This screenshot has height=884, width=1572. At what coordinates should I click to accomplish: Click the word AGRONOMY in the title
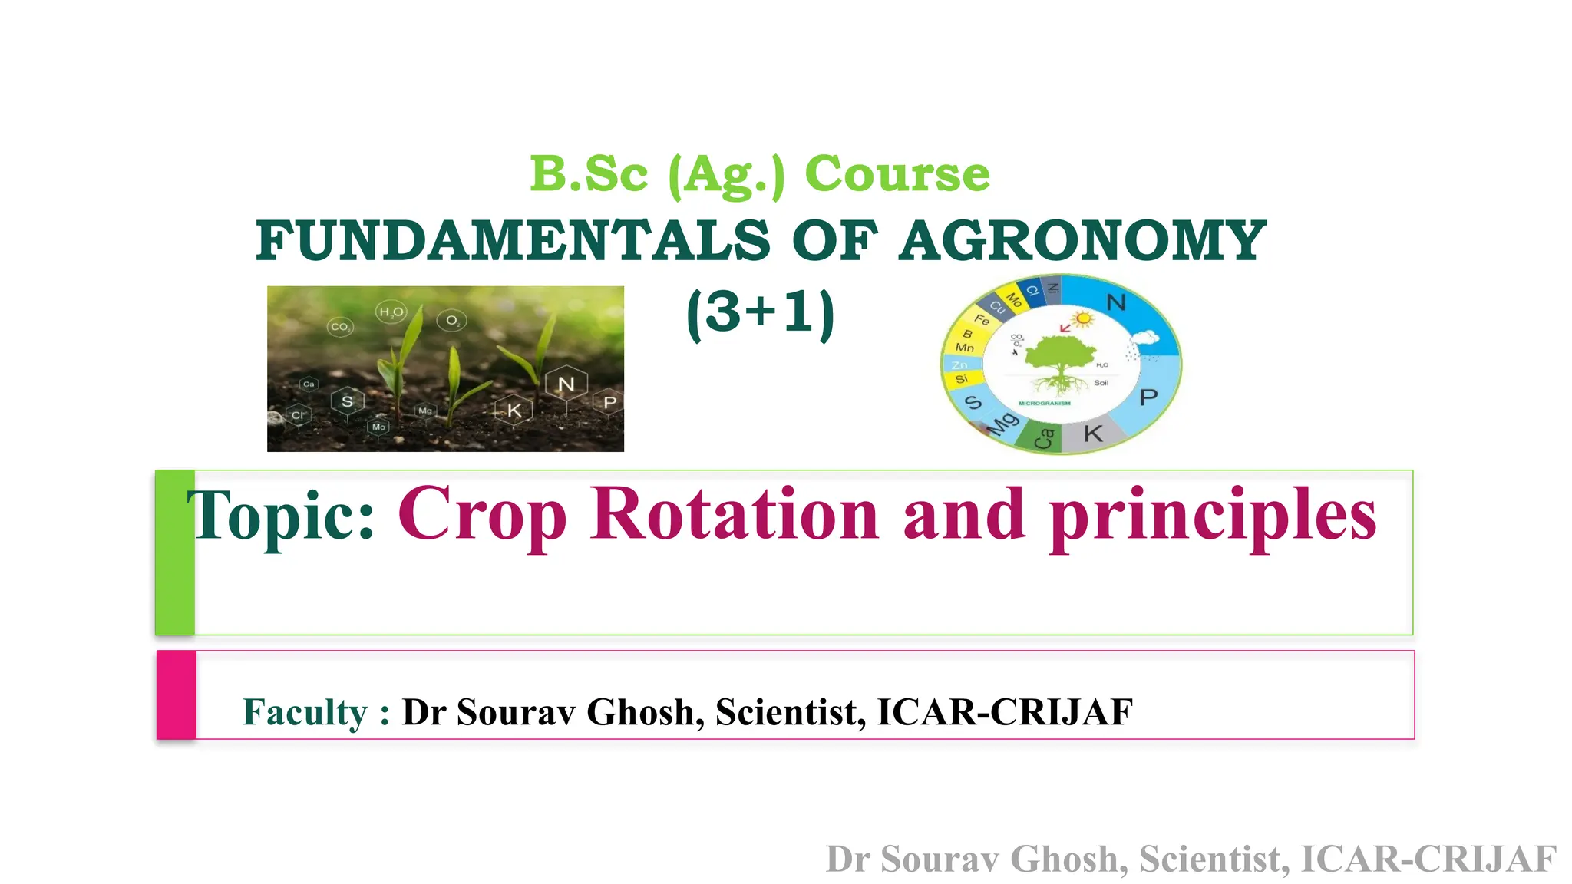(x=1082, y=241)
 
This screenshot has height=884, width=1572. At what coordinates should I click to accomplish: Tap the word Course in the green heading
(x=897, y=174)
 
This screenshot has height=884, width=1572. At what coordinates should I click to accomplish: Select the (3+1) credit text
(x=760, y=313)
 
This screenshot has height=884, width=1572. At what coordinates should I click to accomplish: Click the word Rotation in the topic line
(x=735, y=514)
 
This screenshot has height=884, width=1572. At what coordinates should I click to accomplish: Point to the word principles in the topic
(x=1213, y=516)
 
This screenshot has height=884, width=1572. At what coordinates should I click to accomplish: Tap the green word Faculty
(x=305, y=712)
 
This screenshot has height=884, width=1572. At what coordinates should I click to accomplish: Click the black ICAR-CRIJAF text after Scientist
(x=1005, y=712)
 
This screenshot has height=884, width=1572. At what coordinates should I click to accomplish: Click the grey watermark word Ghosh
(x=1069, y=859)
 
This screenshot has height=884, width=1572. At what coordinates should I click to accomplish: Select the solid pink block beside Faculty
(x=177, y=695)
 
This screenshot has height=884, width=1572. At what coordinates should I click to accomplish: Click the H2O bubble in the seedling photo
(x=391, y=312)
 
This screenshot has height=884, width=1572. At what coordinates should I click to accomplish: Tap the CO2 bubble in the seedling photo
(x=340, y=327)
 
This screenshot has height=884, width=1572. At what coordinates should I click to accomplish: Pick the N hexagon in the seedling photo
(x=566, y=384)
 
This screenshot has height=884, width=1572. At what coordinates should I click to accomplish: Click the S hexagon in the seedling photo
(x=347, y=401)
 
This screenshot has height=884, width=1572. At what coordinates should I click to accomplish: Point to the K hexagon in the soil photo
(x=514, y=411)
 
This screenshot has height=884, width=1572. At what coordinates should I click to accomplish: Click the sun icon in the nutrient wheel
(x=1083, y=318)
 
